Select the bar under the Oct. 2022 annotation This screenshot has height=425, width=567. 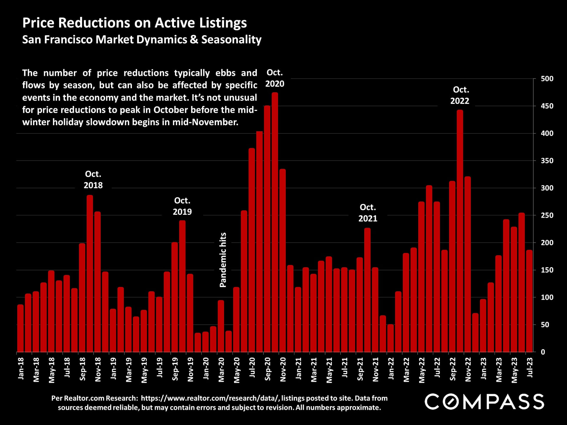click(x=460, y=230)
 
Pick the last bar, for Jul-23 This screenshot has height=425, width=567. click(x=529, y=301)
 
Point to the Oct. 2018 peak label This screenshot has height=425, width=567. click(x=93, y=179)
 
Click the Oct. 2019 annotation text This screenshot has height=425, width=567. click(x=182, y=206)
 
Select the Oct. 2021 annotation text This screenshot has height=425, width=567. click(x=368, y=213)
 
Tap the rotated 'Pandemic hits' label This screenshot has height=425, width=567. click(x=223, y=260)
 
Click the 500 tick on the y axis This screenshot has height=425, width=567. click(x=547, y=79)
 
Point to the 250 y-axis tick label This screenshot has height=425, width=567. click(x=547, y=215)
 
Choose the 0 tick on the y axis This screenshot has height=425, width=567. click(x=543, y=352)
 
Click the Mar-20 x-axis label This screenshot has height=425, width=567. click(x=221, y=370)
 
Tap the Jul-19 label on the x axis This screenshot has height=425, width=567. click(x=159, y=367)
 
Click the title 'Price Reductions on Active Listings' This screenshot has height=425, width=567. click(x=134, y=23)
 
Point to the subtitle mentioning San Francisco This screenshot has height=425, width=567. click(x=142, y=40)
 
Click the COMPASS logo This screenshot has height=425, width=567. click(x=484, y=401)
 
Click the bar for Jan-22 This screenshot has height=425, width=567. click(x=390, y=338)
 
